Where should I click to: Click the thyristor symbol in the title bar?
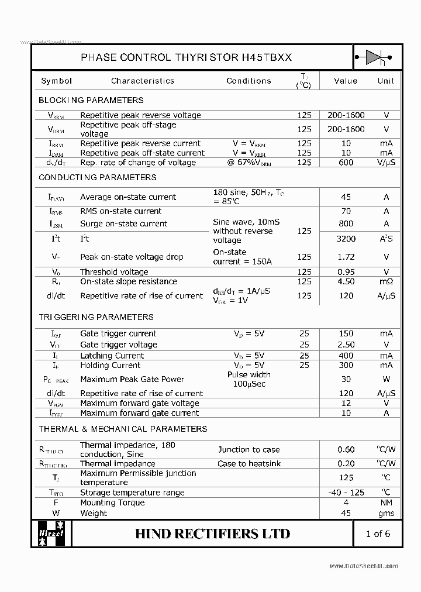click(374, 57)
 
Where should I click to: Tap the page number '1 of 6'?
click(377, 533)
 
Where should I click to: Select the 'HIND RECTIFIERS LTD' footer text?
click(212, 534)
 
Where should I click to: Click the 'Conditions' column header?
click(249, 81)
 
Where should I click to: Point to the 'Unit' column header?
click(385, 81)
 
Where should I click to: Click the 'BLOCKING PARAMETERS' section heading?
click(91, 100)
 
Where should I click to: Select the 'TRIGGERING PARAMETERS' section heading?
click(96, 317)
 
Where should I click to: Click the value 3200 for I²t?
click(346, 239)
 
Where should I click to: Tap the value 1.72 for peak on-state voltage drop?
click(346, 257)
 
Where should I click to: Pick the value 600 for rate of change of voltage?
click(346, 162)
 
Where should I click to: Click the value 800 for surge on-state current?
click(346, 223)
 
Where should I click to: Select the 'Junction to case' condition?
click(249, 449)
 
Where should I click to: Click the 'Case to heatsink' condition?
click(249, 463)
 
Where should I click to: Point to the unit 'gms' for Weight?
click(386, 513)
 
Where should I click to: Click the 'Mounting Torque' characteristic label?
click(112, 502)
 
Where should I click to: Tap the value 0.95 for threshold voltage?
click(346, 272)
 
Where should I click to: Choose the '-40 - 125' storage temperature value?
click(346, 493)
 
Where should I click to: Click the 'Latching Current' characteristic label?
click(112, 356)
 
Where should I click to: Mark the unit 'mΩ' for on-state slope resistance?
click(386, 281)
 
